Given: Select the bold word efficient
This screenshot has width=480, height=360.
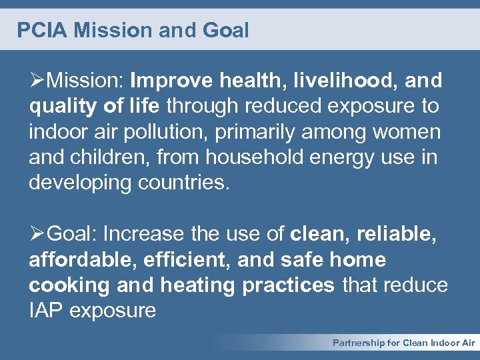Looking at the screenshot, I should [x=175, y=260].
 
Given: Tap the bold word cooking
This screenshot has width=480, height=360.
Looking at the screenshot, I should [x=69, y=285].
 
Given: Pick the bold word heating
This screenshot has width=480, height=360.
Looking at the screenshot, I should [x=197, y=285].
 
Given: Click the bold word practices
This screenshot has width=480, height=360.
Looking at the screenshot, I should [x=288, y=285].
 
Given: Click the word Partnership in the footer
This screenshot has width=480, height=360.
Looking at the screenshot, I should [x=359, y=343].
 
